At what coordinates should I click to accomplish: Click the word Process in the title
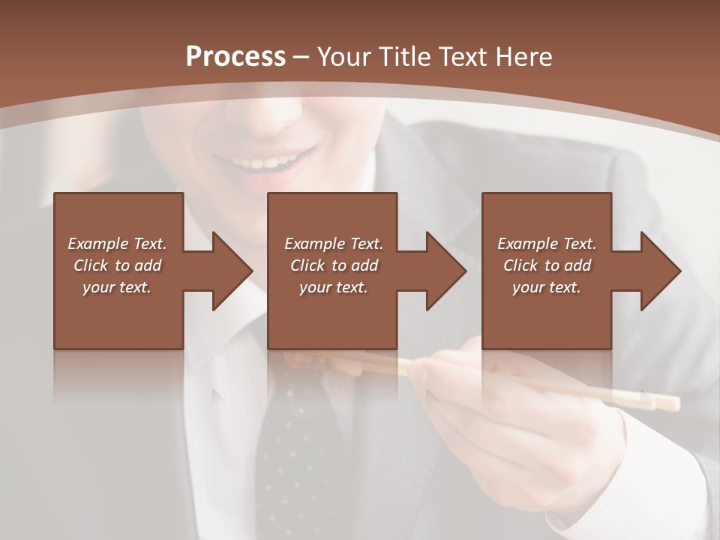click(235, 56)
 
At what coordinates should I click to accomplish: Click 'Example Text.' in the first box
click(118, 244)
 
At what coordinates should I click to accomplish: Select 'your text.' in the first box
click(118, 287)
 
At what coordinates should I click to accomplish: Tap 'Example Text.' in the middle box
click(334, 244)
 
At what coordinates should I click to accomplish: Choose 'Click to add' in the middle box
click(334, 265)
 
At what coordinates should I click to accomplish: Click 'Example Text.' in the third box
click(547, 244)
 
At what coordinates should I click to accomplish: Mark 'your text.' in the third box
click(547, 287)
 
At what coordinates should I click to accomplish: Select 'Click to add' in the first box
click(118, 265)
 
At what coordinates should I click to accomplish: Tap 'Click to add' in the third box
click(547, 265)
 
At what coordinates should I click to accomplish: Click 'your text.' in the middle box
click(334, 287)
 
